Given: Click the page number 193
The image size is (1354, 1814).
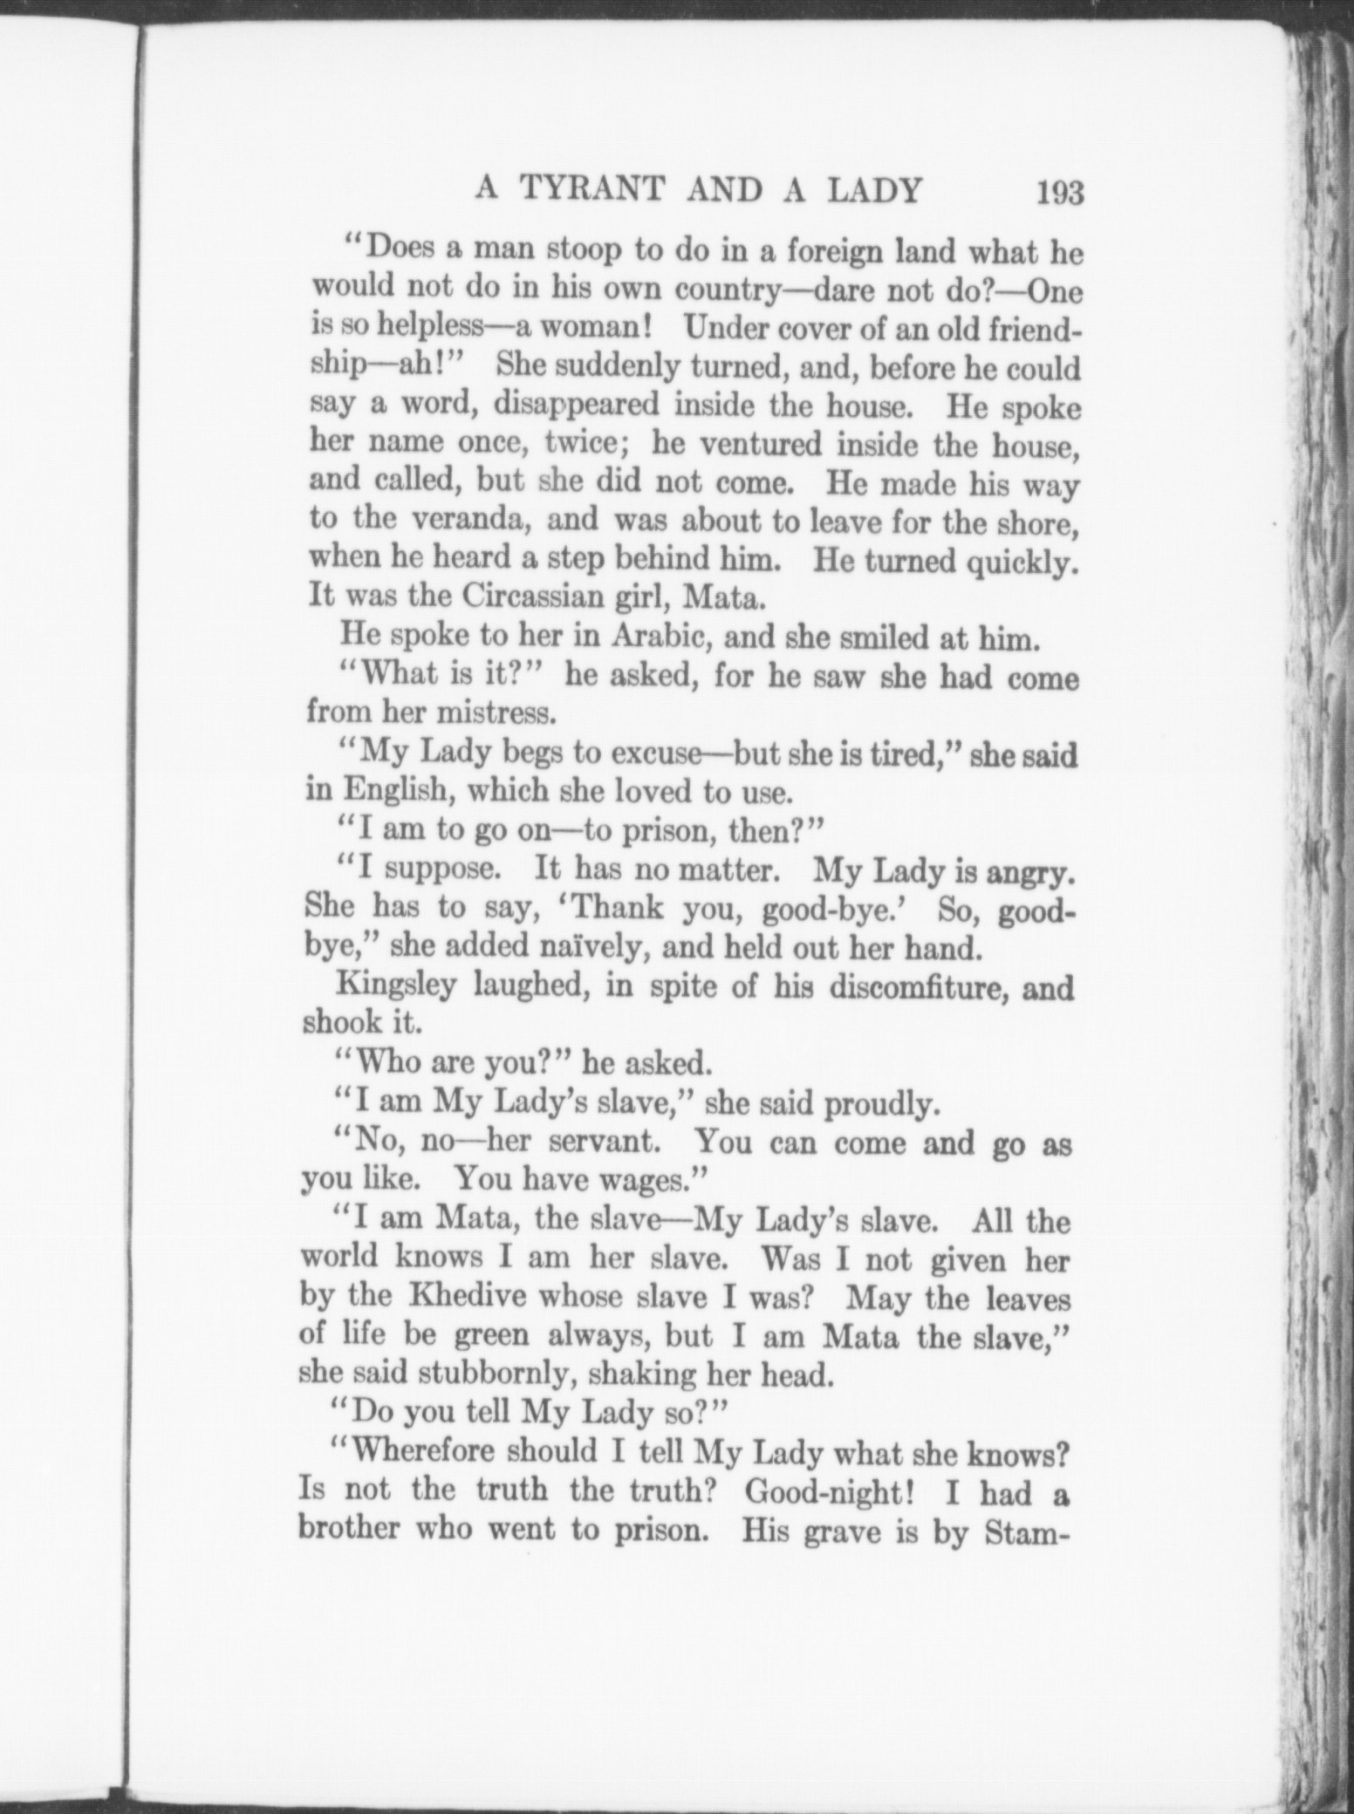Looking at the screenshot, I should pos(1059,192).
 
